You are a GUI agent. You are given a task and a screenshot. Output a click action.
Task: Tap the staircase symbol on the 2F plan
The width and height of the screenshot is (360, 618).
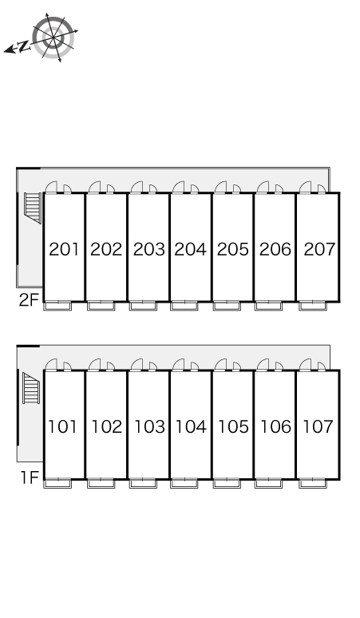tap(33, 208)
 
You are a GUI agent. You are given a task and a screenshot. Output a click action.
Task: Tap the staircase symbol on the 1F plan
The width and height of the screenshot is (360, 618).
tap(31, 388)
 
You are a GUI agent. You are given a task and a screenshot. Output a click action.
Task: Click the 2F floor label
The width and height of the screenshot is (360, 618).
tap(29, 300)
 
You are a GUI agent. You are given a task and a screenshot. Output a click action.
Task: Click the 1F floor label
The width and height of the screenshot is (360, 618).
tap(30, 477)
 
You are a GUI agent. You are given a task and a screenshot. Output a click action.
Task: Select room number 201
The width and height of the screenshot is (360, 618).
tap(64, 249)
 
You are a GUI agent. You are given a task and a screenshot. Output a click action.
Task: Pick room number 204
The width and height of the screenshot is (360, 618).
tap(190, 249)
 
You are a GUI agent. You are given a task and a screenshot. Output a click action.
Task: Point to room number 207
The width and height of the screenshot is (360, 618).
tap(319, 249)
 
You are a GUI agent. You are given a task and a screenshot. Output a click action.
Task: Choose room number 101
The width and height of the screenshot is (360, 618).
tap(62, 426)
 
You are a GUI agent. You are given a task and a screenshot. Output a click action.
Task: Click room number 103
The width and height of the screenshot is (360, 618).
tap(149, 426)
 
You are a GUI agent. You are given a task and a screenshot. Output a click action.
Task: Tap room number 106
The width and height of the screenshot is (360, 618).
tap(275, 426)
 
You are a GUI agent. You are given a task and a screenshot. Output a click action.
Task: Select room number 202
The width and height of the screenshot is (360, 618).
tap(106, 249)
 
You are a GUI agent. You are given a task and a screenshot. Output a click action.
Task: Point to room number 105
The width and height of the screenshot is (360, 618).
tap(233, 426)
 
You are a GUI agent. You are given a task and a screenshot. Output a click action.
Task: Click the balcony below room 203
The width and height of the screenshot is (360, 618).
tap(143, 306)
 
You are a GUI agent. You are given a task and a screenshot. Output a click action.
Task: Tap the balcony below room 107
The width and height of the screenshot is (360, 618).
tap(312, 483)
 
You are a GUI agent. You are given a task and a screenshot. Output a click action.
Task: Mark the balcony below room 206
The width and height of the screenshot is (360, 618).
tap(268, 306)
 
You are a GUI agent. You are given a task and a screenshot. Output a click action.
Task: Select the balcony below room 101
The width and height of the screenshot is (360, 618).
tap(57, 483)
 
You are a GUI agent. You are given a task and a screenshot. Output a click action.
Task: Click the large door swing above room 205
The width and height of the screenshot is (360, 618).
tap(220, 187)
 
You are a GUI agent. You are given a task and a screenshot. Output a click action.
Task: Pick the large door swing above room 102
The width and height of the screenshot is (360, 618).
tap(94, 365)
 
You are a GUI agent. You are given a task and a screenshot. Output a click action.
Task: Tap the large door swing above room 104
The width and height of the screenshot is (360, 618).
tap(179, 365)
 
